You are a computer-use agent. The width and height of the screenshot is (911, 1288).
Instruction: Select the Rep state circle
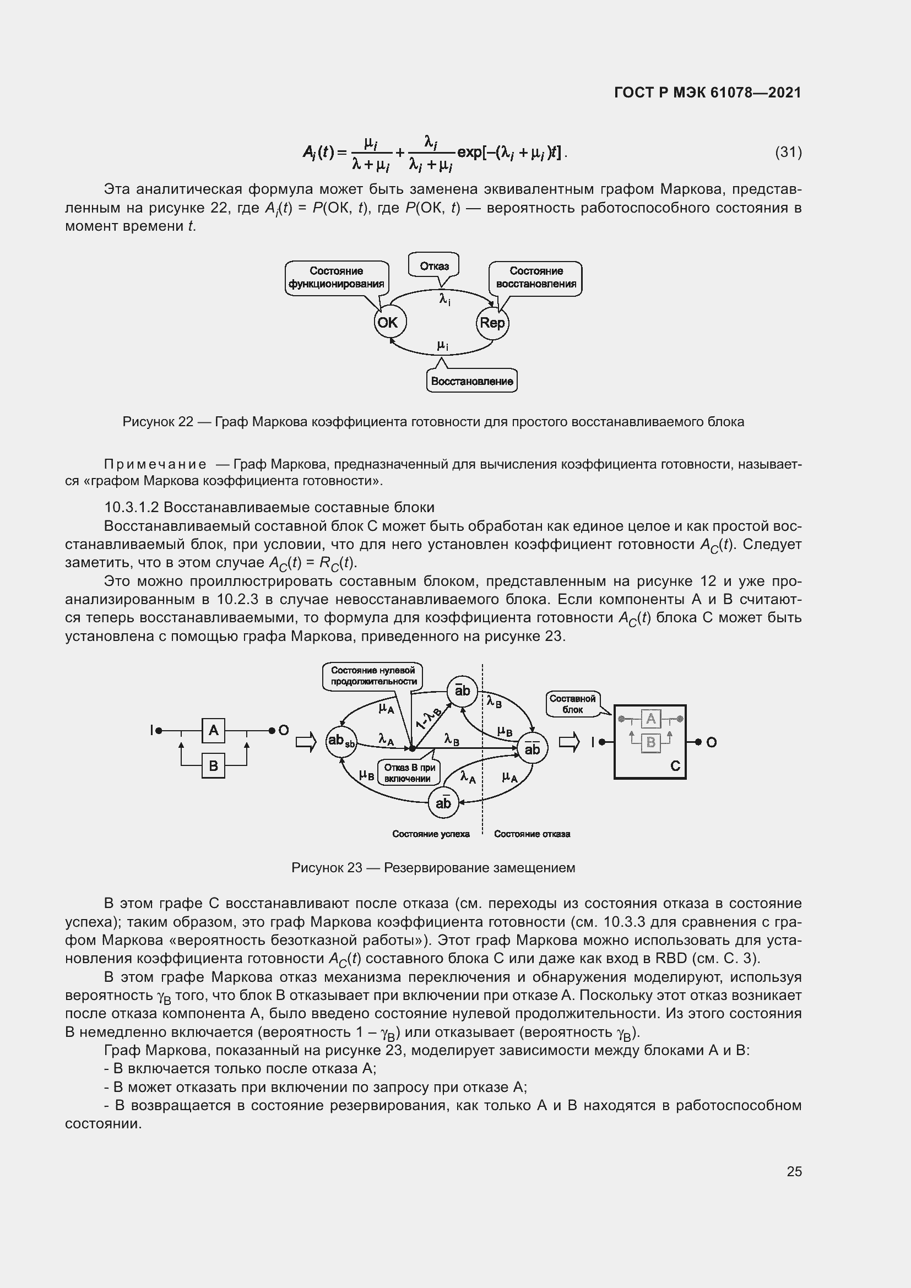tap(492, 323)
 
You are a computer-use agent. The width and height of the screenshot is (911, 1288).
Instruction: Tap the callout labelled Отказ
tap(433, 266)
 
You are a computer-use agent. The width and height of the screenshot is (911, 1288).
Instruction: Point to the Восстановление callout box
tap(471, 382)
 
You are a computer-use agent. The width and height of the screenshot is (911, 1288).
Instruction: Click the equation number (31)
tap(788, 152)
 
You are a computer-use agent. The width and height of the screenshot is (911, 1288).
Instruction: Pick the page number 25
tap(794, 1171)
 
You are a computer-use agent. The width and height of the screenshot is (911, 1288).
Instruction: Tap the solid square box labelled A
tap(213, 730)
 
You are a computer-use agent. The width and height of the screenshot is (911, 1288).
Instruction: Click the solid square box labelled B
tap(213, 766)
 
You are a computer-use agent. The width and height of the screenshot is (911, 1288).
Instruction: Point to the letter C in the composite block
tap(675, 767)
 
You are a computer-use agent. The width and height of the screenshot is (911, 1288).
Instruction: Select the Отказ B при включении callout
tap(409, 773)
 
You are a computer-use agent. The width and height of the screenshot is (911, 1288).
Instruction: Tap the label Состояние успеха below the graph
tap(431, 834)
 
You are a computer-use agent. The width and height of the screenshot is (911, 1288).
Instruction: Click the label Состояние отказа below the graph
tap(532, 834)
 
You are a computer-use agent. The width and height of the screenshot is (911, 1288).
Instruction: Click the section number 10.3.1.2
tap(132, 507)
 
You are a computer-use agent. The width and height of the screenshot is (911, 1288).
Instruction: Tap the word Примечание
tap(155, 465)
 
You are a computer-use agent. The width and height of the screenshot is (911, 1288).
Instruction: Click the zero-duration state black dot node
tap(413, 748)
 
